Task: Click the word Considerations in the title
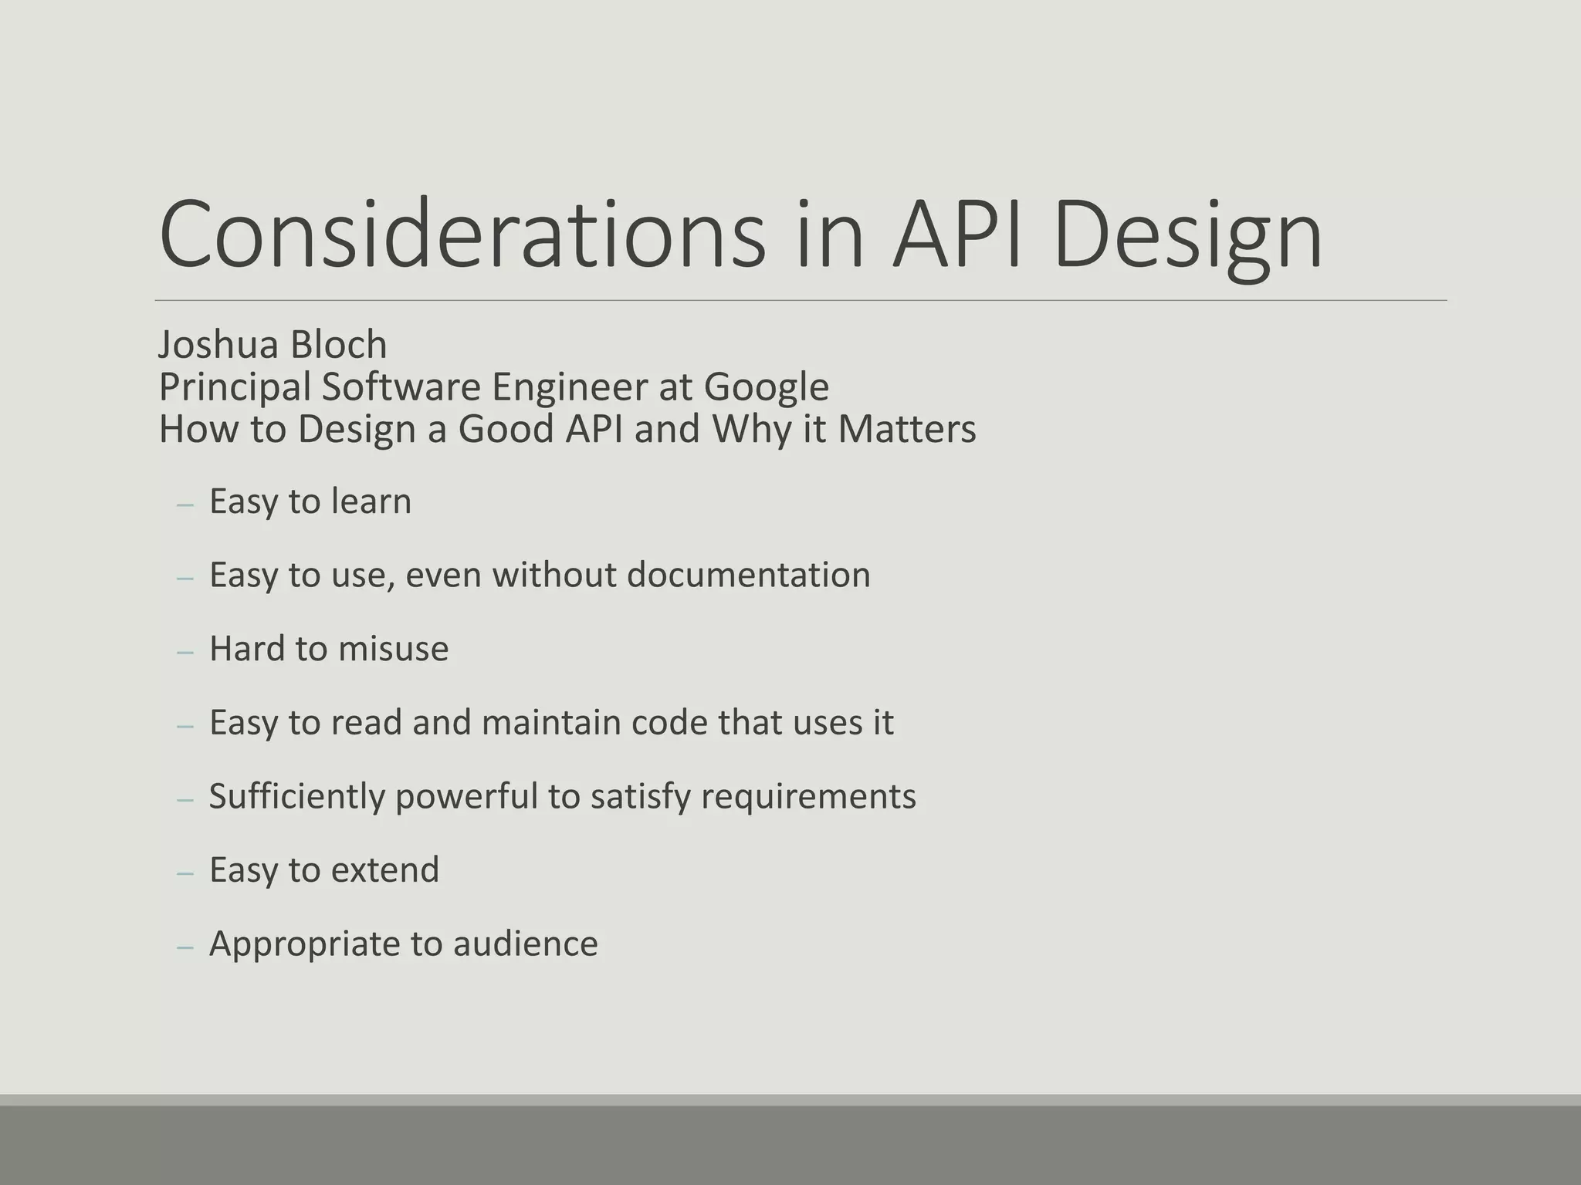(462, 235)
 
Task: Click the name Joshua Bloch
(273, 344)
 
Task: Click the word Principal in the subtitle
(235, 387)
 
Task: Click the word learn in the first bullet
(371, 501)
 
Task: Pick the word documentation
(748, 575)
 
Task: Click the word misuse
(393, 649)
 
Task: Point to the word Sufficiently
(296, 796)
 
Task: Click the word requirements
(808, 796)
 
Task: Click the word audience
(525, 944)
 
